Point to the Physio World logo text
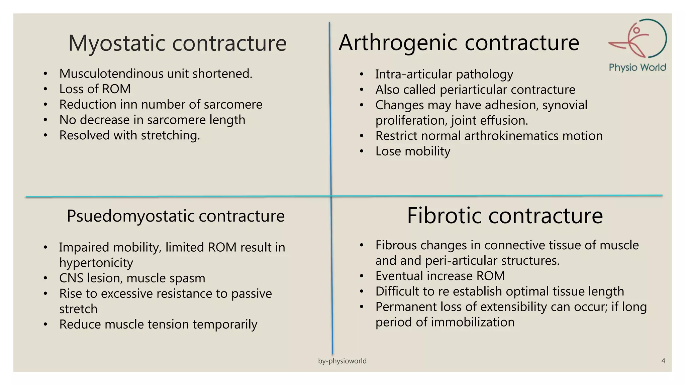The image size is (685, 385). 638,68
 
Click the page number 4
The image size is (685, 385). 663,361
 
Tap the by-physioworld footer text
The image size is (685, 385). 342,361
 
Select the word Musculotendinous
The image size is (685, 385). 109,74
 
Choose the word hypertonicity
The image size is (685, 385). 96,263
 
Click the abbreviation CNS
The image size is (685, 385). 71,278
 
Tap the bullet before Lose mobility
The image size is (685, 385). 361,152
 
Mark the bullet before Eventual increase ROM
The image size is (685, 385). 361,276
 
